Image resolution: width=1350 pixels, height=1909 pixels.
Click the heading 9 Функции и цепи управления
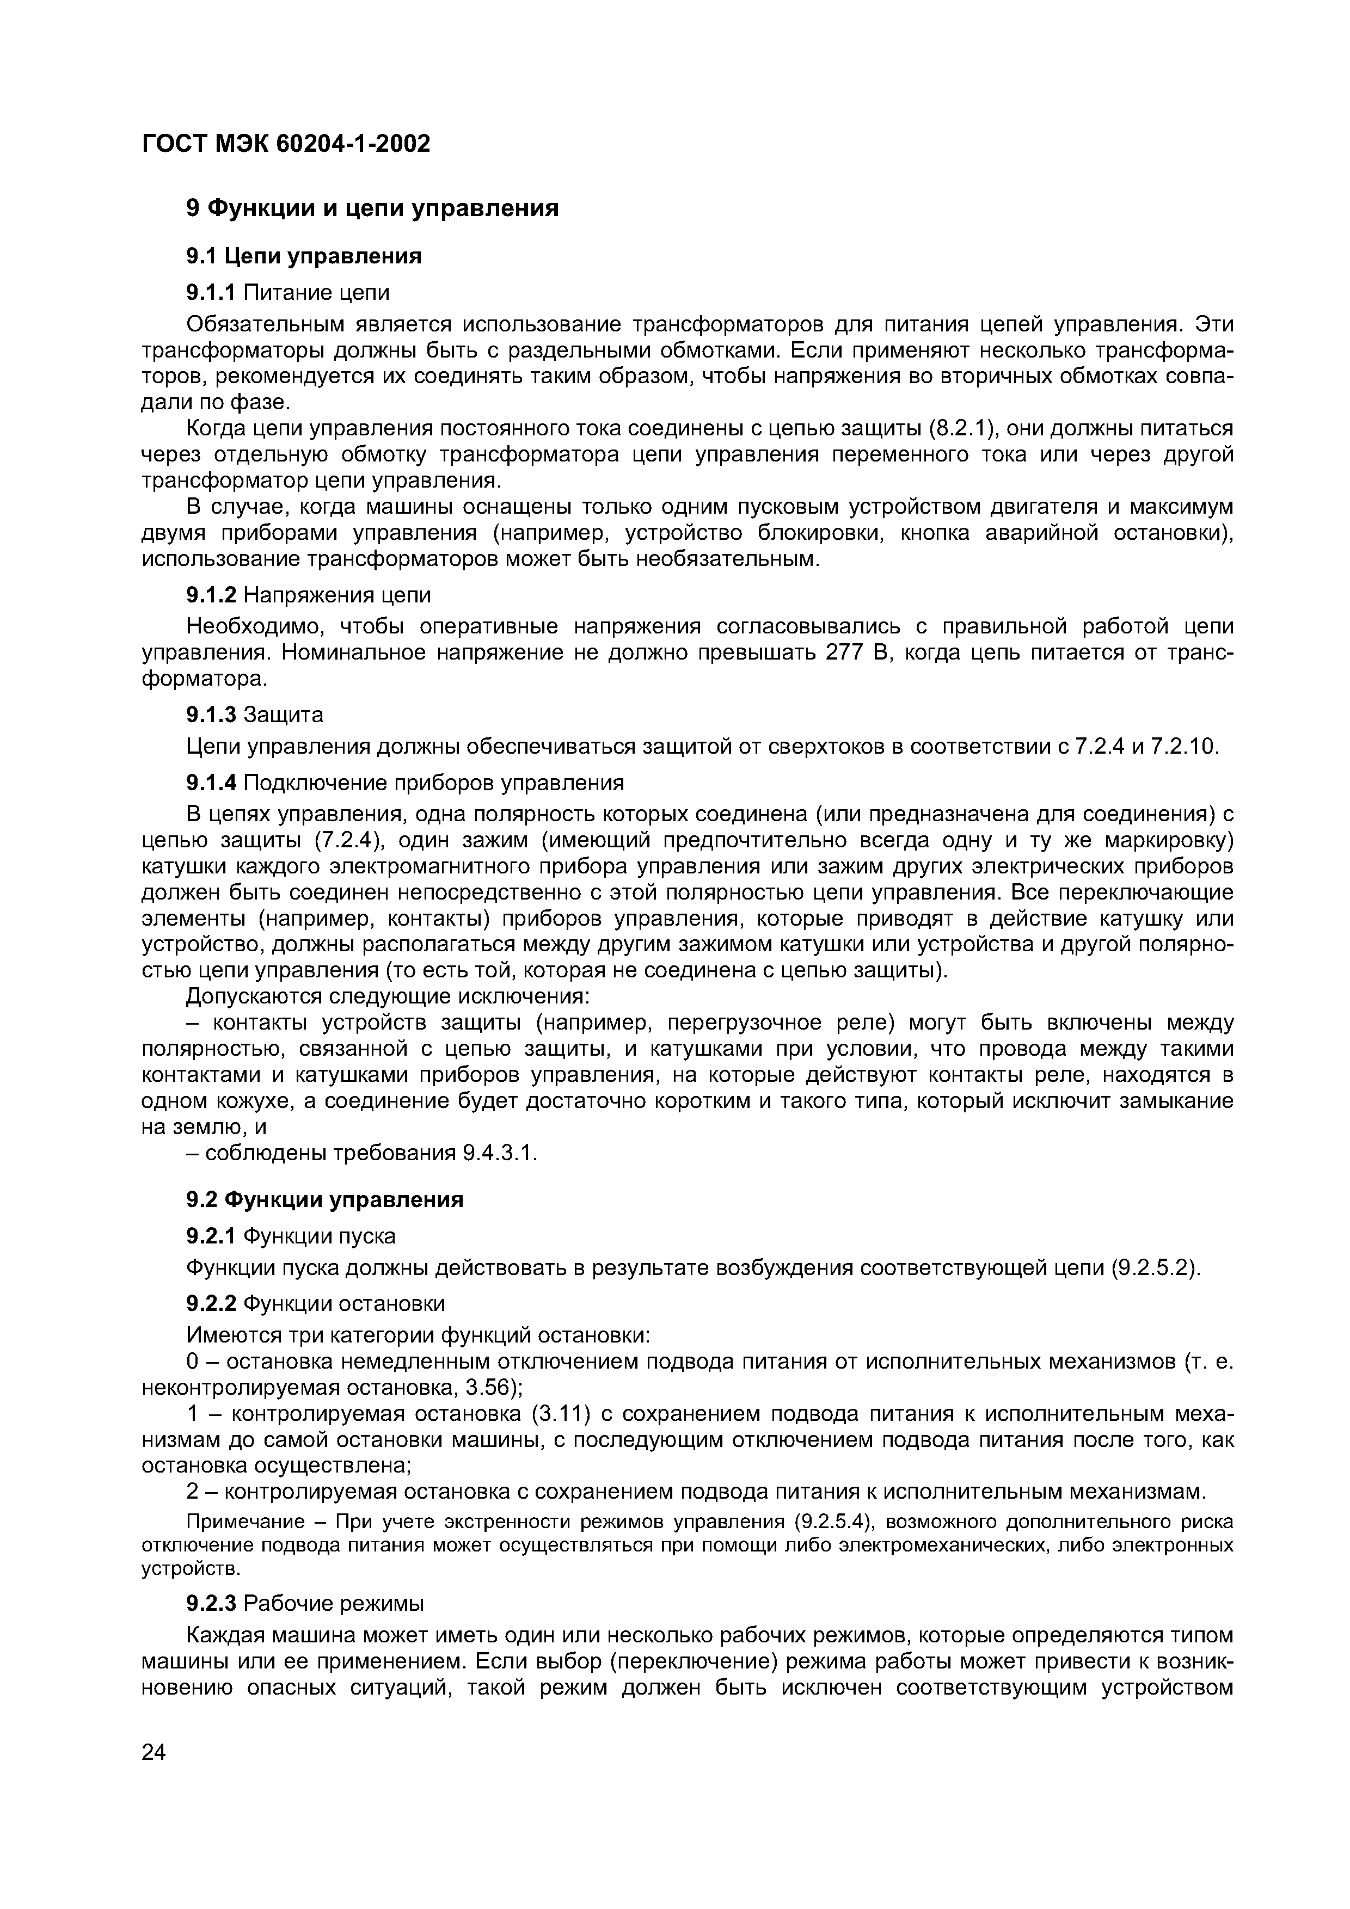[372, 208]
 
